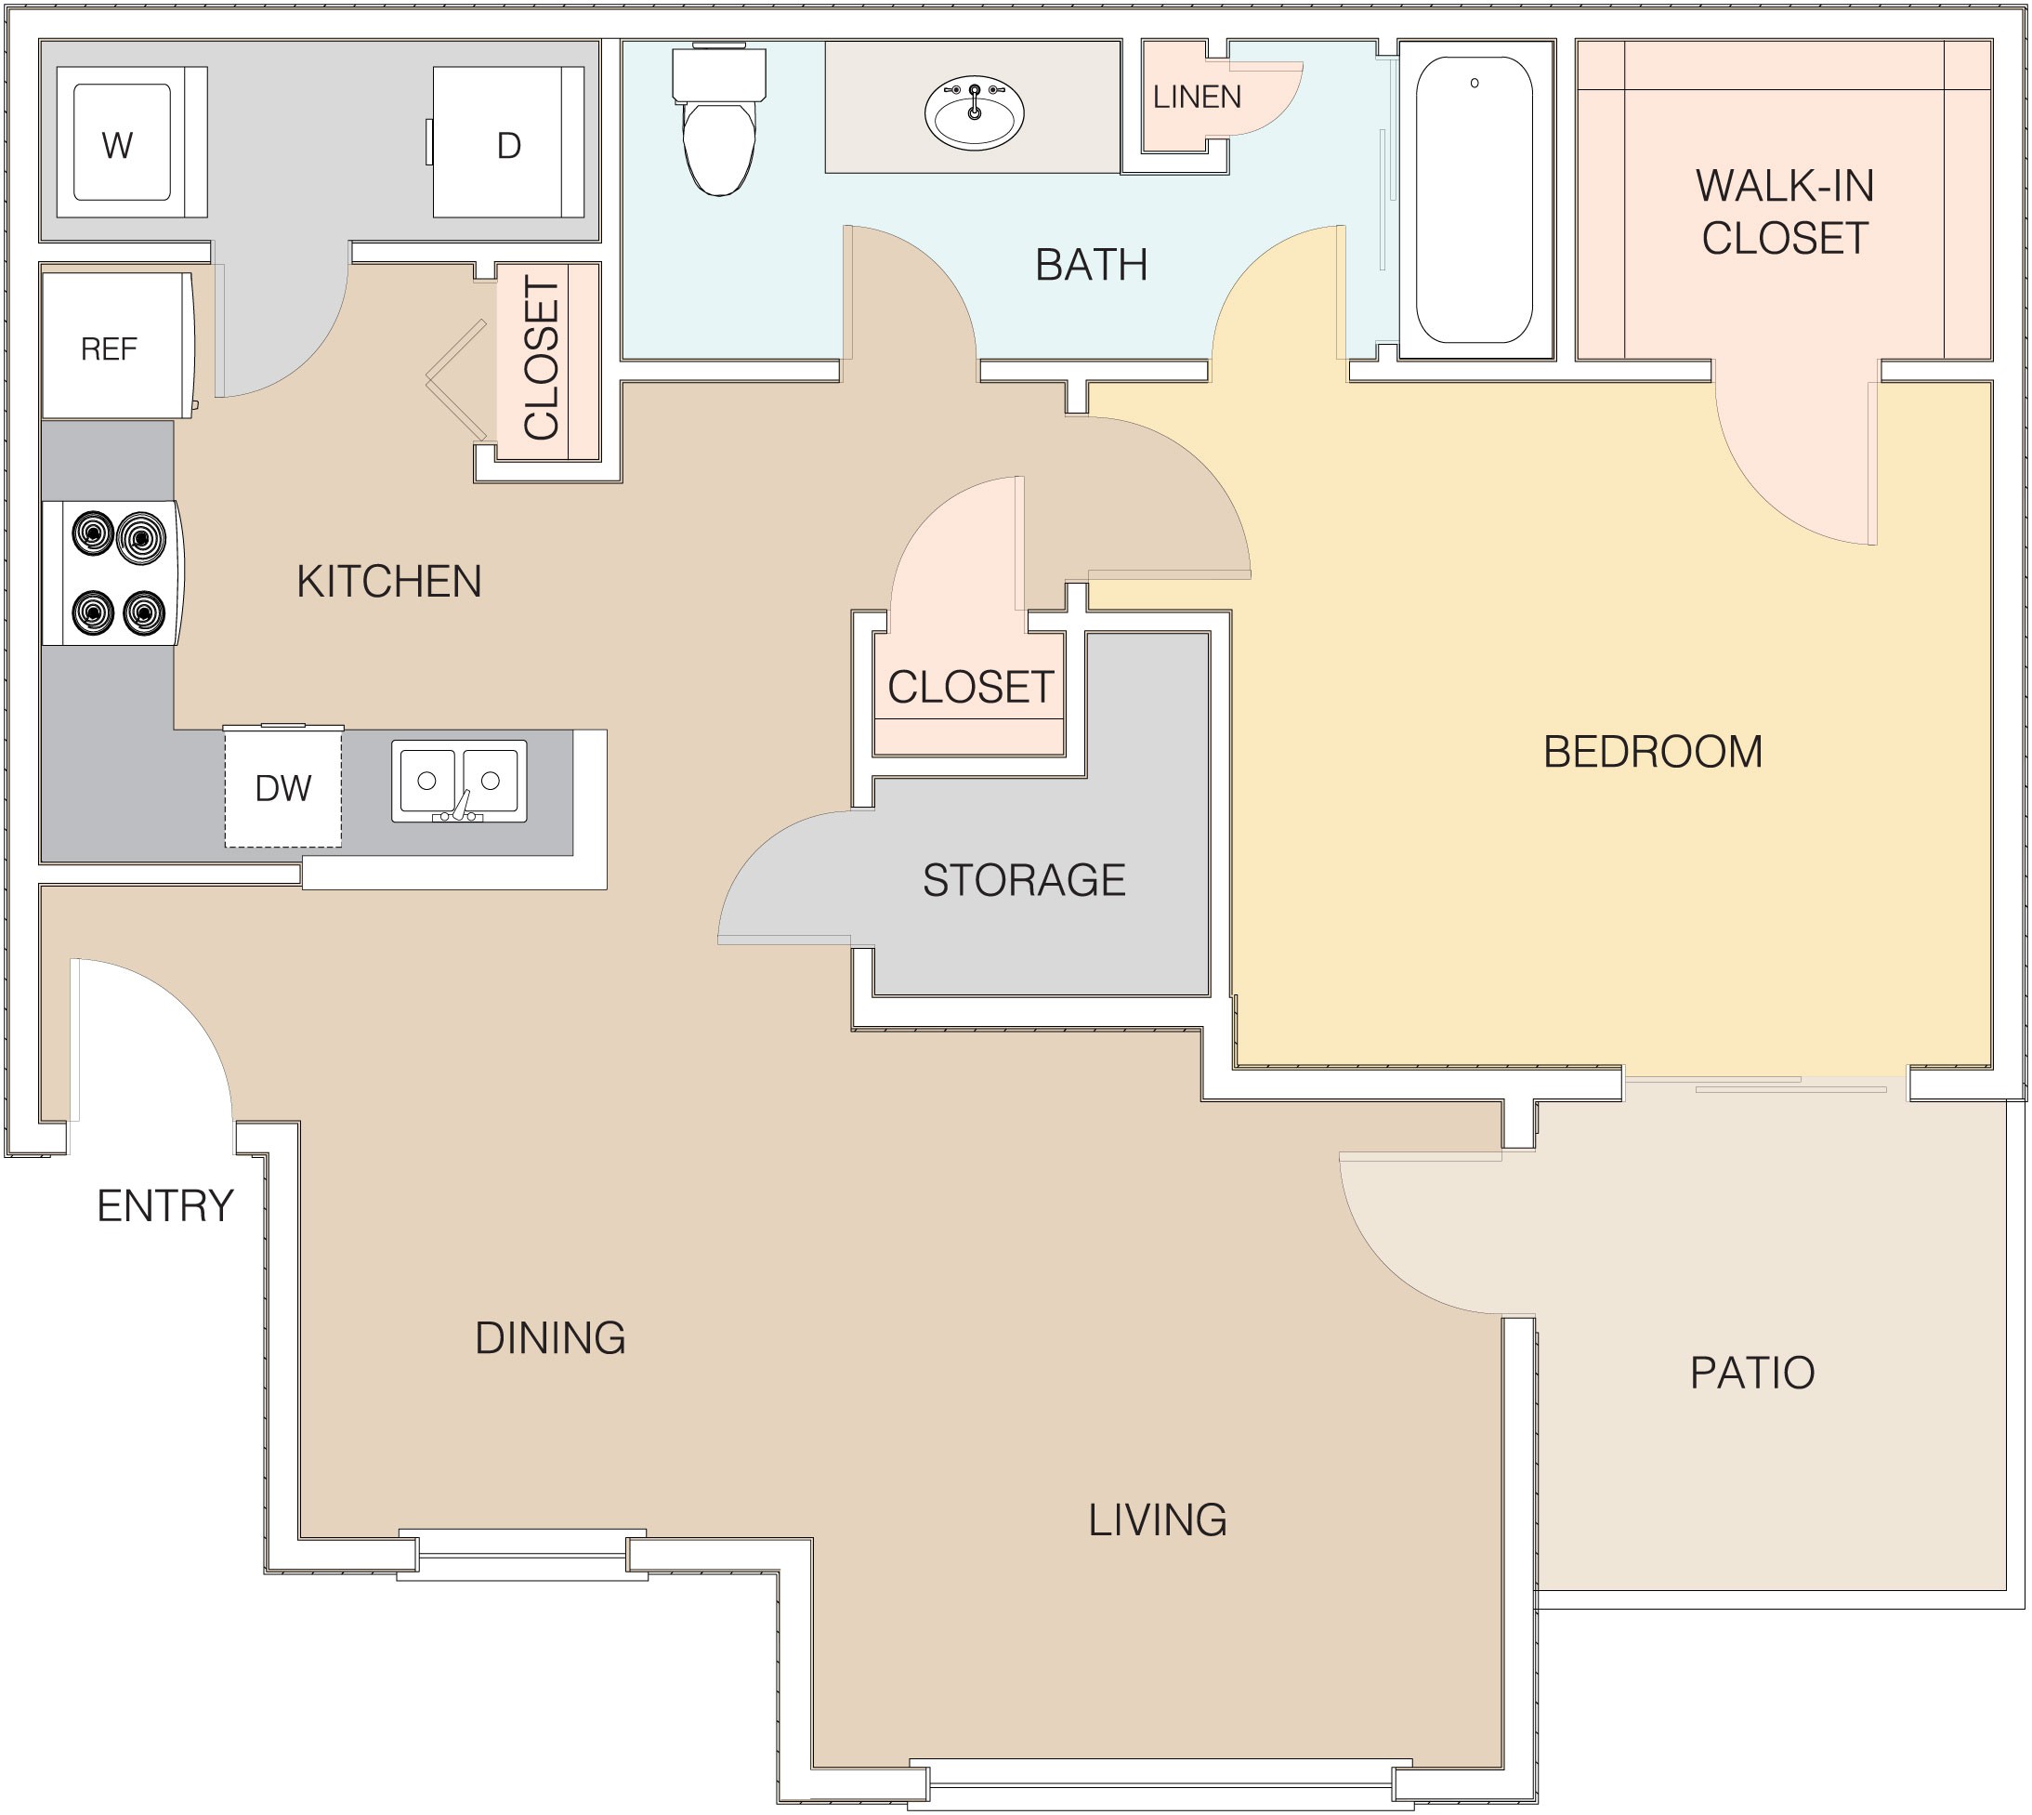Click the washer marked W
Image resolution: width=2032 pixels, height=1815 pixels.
pyautogui.click(x=132, y=141)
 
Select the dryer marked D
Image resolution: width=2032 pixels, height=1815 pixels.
pyautogui.click(x=508, y=141)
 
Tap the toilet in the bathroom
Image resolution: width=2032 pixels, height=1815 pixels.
pyautogui.click(x=719, y=119)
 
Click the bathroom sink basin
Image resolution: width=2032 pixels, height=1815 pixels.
pyautogui.click(x=974, y=112)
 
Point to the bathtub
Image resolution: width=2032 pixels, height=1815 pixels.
pyautogui.click(x=1475, y=200)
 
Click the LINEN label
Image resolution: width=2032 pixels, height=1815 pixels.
pyautogui.click(x=1197, y=97)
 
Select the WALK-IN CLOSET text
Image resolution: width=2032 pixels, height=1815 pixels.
pyautogui.click(x=1785, y=211)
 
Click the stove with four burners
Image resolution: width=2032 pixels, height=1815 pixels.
pyautogui.click(x=112, y=572)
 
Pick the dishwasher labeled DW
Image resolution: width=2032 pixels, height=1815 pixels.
pyautogui.click(x=283, y=788)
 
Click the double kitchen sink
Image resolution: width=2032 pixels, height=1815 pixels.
pyautogui.click(x=459, y=781)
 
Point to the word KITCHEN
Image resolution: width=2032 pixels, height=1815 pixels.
pyautogui.click(x=389, y=582)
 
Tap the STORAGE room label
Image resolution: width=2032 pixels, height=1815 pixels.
pyautogui.click(x=1024, y=879)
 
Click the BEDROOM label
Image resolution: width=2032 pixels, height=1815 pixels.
pyautogui.click(x=1653, y=752)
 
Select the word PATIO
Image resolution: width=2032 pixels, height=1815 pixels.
pyautogui.click(x=1751, y=1373)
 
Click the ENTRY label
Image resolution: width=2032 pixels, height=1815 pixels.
pyautogui.click(x=165, y=1205)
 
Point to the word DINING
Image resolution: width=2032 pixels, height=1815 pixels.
pyautogui.click(x=550, y=1338)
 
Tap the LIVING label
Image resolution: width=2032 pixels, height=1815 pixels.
pyautogui.click(x=1158, y=1519)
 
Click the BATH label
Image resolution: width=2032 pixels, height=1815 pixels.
pyautogui.click(x=1091, y=265)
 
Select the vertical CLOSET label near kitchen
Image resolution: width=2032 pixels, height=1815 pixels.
pyautogui.click(x=543, y=359)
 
